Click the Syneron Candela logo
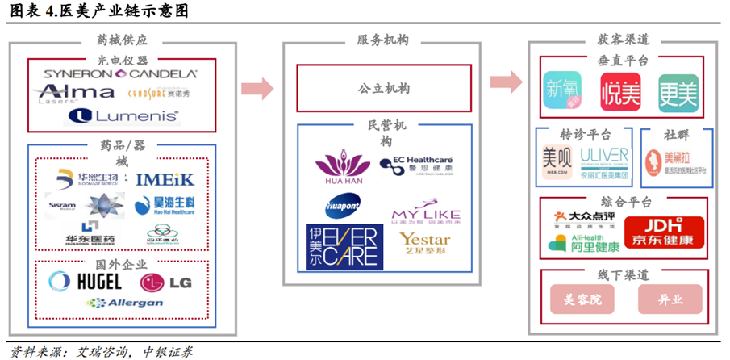click(120, 73)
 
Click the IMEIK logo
click(164, 179)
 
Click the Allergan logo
click(124, 303)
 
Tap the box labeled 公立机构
click(384, 88)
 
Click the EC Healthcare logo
click(417, 165)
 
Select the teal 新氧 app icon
click(562, 92)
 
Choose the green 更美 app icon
click(677, 92)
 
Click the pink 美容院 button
click(581, 299)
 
